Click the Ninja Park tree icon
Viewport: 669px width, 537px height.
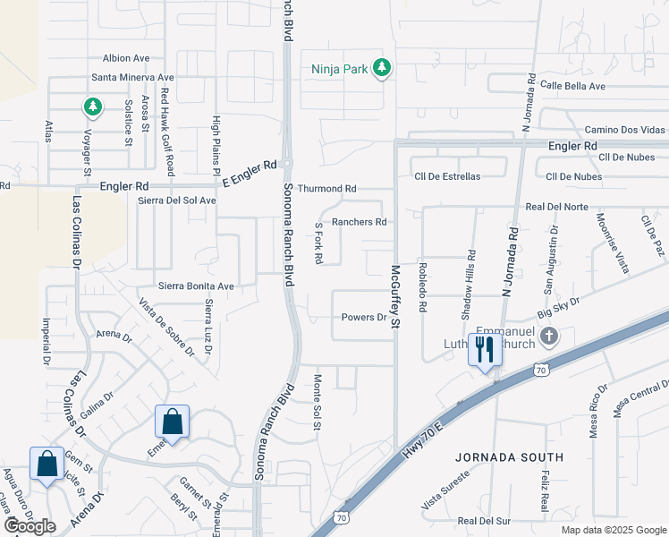tap(382, 68)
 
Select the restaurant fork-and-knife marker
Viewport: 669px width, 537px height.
tap(485, 349)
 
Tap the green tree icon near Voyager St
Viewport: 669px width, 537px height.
tap(92, 107)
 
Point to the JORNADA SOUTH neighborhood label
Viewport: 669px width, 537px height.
tap(509, 456)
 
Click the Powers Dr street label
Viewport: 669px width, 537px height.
tap(363, 318)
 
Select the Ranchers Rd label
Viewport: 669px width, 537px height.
tap(359, 222)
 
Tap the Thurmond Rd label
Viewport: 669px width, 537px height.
tap(326, 189)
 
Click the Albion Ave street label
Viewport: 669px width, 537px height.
tap(125, 57)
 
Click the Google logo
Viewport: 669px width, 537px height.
tap(30, 526)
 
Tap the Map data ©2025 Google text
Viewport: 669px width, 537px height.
tap(613, 530)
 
